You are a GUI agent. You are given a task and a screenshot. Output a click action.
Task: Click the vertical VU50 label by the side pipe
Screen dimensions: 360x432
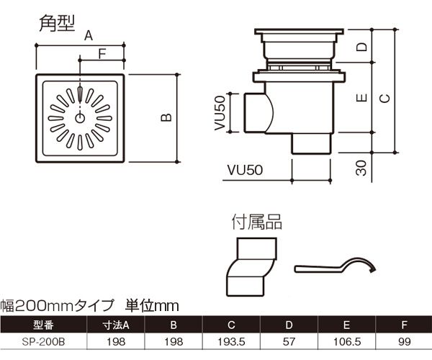coord(220,114)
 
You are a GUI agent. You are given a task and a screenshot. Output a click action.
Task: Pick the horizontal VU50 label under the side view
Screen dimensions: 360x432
coord(246,171)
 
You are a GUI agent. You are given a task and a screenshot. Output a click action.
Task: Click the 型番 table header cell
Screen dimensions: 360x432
coord(44,325)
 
